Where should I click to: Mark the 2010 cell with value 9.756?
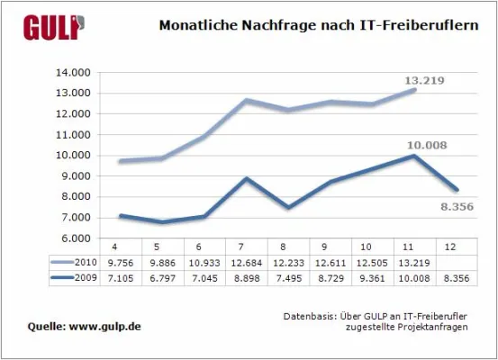[115, 261]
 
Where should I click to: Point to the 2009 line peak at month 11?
[413, 156]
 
